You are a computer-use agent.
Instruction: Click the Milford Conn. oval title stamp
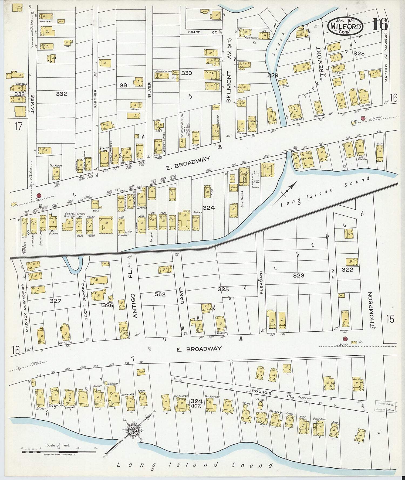tap(346, 26)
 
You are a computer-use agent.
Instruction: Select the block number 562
tap(160, 294)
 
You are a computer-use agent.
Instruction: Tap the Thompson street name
tap(372, 309)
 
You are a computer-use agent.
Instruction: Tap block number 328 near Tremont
tap(359, 53)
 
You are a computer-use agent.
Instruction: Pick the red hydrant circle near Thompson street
tap(345, 339)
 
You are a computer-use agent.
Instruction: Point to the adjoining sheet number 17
tap(18, 126)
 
